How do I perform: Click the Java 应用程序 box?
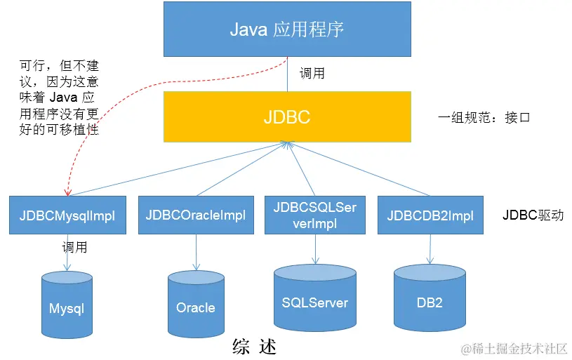(287, 29)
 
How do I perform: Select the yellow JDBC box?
(287, 116)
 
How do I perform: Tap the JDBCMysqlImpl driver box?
(67, 215)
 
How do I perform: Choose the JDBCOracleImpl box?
(196, 215)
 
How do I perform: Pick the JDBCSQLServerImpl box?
(315, 215)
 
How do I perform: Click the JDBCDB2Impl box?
(430, 215)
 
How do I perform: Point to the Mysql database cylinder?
(67, 305)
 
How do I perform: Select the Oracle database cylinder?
(196, 304)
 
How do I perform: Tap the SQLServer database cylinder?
(315, 298)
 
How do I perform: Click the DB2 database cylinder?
(430, 298)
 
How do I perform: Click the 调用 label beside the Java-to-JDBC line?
(312, 73)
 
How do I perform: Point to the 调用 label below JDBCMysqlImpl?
(75, 247)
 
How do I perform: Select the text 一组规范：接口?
(484, 117)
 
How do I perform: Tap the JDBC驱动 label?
(533, 215)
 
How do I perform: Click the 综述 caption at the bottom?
(254, 347)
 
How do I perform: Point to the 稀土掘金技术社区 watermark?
(514, 349)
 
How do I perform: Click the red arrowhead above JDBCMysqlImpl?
(67, 192)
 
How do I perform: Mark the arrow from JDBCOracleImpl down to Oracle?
(197, 253)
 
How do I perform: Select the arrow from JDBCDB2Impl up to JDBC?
(359, 169)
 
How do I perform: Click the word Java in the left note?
(63, 98)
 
